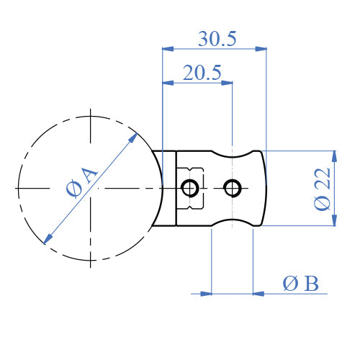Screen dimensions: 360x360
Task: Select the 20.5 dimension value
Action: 202,73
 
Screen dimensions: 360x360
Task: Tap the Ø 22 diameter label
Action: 323,188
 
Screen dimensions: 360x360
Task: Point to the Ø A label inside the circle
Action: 81,181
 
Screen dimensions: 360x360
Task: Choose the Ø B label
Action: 300,284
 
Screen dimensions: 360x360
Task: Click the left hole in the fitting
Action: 190,189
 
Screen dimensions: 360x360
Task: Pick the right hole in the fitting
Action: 232,189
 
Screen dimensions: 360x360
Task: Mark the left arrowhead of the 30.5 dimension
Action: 168,49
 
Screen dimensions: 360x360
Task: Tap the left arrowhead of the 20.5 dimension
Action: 168,83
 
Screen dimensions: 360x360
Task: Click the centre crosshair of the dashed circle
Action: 91,189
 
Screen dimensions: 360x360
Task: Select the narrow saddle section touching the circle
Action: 167,189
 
